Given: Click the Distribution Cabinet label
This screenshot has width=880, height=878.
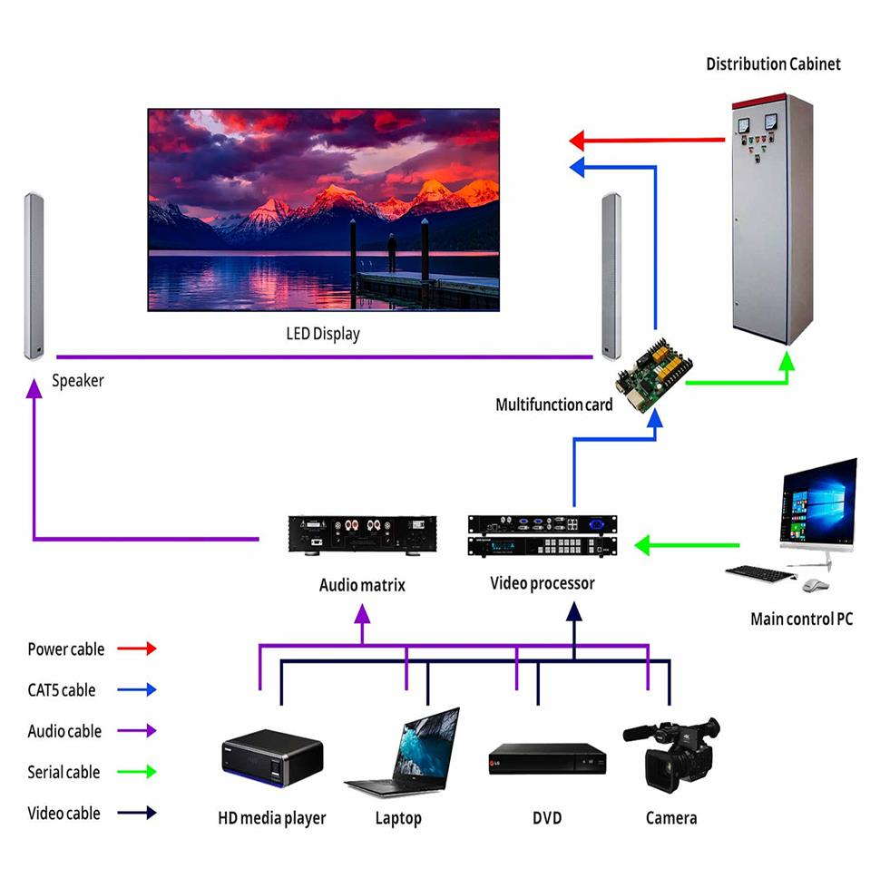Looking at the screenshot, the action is coord(773,64).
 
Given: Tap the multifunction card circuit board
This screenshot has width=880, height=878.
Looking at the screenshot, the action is coord(654,375).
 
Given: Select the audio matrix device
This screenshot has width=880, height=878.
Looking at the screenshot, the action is coord(362,535).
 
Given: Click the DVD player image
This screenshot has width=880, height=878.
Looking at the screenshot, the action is coord(547,759).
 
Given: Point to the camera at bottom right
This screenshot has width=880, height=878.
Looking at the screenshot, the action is coord(671,754).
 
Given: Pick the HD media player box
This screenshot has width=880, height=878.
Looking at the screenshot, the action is coord(272,757).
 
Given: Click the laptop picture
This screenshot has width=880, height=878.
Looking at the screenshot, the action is coord(402,752).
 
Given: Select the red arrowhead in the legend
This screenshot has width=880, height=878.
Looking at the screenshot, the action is coord(151,649).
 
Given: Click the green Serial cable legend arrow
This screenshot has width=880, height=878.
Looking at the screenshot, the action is coord(136,772).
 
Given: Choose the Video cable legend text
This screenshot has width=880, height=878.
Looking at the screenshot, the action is coord(64,813).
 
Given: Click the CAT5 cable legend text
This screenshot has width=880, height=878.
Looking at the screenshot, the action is coord(62,689).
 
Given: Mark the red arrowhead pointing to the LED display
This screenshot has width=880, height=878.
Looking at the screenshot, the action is coord(577,141).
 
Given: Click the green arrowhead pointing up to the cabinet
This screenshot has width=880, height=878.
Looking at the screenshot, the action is coord(787,361).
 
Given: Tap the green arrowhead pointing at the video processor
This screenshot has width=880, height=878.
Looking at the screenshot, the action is coord(642,545).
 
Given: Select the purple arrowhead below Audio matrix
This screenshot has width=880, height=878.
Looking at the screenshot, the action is coord(362,614).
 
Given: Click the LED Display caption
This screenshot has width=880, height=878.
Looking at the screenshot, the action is coord(323,334).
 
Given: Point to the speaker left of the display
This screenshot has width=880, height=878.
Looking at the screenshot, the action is coord(34,276).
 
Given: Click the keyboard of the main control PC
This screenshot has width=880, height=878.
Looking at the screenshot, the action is coord(760,573).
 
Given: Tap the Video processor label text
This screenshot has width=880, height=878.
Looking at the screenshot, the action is coord(543,583).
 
